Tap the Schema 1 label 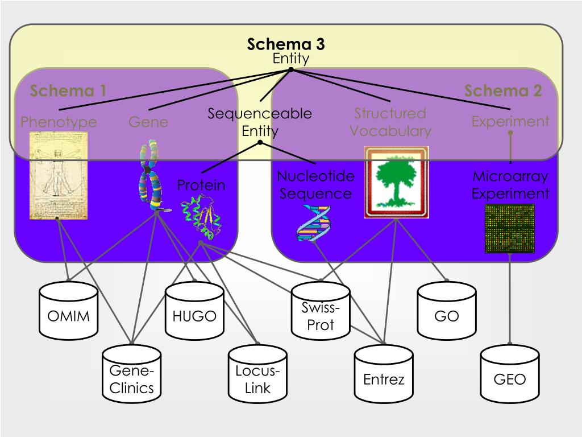click(x=68, y=90)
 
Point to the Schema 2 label click(x=503, y=90)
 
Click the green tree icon click(x=396, y=183)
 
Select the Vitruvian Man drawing click(x=59, y=175)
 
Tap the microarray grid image click(x=509, y=228)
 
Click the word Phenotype click(x=59, y=122)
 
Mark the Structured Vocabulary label click(x=390, y=122)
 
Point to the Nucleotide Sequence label click(x=315, y=185)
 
